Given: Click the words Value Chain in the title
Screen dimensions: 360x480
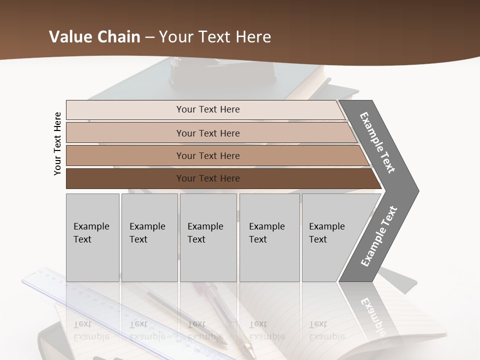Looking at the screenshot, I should (x=94, y=37).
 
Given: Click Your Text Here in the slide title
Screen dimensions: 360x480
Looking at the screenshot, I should (x=215, y=37).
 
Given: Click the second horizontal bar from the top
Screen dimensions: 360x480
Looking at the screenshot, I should (x=208, y=133).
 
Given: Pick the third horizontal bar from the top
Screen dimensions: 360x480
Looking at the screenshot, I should (x=208, y=155).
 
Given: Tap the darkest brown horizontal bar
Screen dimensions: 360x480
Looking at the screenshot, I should (x=208, y=178).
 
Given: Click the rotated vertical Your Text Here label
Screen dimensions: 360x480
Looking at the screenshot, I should (x=57, y=143).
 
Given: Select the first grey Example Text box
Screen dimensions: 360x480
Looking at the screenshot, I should (x=92, y=237).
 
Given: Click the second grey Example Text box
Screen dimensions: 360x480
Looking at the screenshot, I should (x=149, y=237).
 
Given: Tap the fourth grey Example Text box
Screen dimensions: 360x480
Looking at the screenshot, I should (x=269, y=237).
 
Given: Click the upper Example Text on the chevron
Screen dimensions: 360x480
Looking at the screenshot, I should (x=377, y=142).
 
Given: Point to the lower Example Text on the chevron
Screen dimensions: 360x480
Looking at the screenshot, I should (x=378, y=236).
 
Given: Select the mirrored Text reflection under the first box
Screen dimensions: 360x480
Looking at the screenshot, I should (x=83, y=325).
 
